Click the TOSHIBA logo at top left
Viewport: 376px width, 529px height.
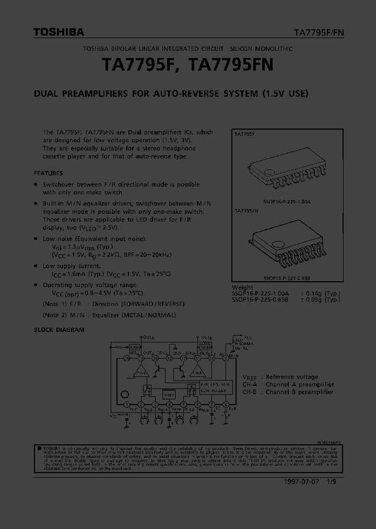click(x=58, y=32)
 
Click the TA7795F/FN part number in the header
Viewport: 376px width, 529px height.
click(x=318, y=32)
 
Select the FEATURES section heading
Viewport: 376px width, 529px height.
click(x=48, y=173)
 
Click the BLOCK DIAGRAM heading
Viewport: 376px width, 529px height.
click(x=59, y=330)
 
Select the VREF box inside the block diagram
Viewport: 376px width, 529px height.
click(x=169, y=395)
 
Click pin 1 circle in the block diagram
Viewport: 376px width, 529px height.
click(x=127, y=405)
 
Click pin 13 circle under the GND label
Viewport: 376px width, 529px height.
click(x=169, y=358)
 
